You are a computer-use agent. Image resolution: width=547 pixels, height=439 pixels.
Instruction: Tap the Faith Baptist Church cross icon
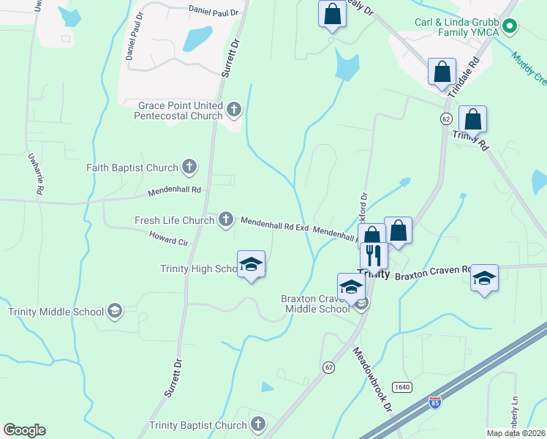[x=189, y=168]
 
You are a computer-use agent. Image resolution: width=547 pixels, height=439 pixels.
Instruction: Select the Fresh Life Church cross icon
[x=226, y=219]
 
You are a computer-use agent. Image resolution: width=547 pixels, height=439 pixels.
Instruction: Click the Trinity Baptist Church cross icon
[x=257, y=424]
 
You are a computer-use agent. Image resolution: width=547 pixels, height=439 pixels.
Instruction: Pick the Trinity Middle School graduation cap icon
[x=114, y=312]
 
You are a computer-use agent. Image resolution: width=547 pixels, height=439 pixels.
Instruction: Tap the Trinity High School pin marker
[x=251, y=265]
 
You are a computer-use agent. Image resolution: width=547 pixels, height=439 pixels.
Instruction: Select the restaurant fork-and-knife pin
[x=374, y=257]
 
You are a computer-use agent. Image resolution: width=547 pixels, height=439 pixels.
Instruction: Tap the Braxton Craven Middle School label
[x=316, y=304]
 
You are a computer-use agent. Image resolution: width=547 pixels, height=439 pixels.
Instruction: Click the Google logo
[x=24, y=430]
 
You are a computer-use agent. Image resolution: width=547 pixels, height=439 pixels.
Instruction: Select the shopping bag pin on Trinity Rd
[x=472, y=119]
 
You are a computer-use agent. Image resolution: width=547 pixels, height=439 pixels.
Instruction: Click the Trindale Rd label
[x=467, y=72]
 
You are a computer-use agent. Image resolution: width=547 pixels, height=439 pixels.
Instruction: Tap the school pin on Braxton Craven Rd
[x=484, y=279]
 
